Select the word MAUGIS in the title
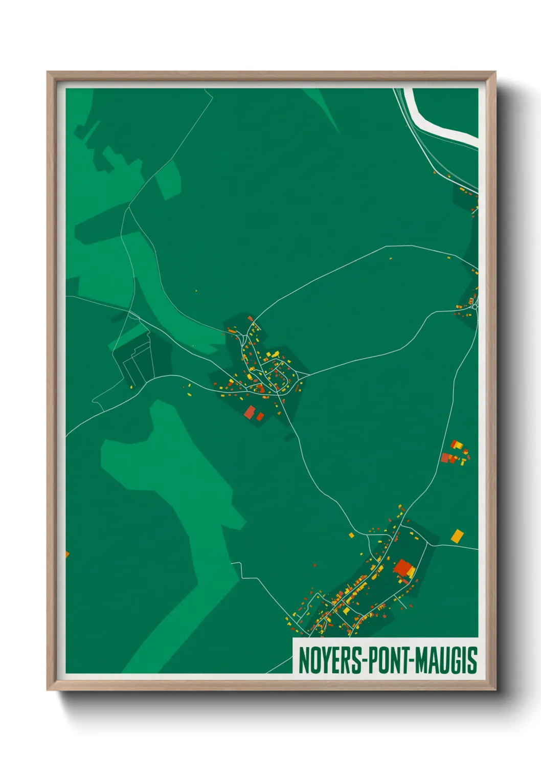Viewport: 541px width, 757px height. [446, 660]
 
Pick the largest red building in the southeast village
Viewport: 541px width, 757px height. [403, 568]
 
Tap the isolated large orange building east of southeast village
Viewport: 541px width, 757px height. [457, 536]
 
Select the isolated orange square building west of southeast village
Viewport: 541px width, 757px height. [351, 536]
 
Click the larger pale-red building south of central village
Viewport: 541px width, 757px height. [250, 412]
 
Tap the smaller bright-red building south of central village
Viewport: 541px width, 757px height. [260, 417]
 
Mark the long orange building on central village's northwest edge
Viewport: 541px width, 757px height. [232, 331]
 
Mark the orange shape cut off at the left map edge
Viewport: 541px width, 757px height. [67, 554]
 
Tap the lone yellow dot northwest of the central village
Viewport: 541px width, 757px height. [196, 291]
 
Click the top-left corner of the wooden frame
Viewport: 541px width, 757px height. [48, 73]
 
